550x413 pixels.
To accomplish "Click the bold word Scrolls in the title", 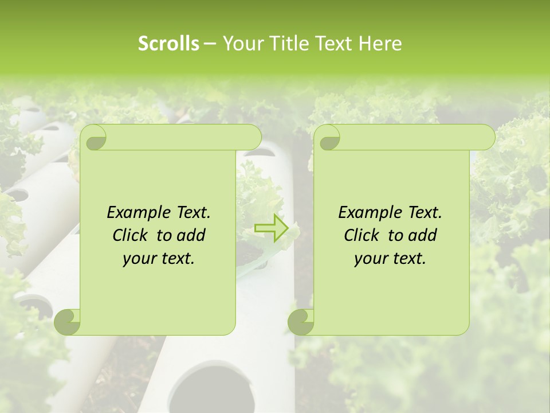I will click(x=169, y=44).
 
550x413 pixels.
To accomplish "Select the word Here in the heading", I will click(x=380, y=44).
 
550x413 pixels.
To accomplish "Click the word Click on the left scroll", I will click(x=132, y=235).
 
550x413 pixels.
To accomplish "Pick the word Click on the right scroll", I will click(x=363, y=235).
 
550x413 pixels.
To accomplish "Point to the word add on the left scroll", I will click(x=191, y=235).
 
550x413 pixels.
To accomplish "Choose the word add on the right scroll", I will click(x=423, y=235).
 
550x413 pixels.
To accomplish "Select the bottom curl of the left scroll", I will click(x=68, y=321).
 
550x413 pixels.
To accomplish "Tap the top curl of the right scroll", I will click(x=328, y=138).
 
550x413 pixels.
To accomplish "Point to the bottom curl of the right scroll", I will click(x=301, y=321).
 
